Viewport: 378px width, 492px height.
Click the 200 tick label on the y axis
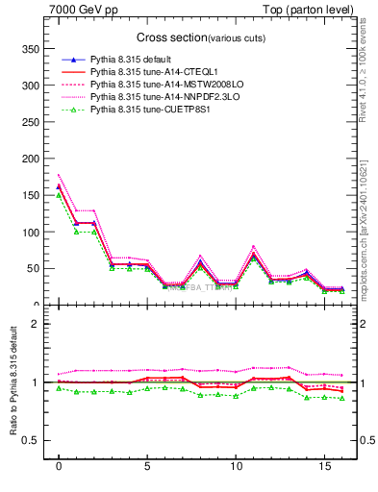tap(31, 159)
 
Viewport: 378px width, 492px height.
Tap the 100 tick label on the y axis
tap(31, 232)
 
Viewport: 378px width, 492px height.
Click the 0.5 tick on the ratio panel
tap(29, 440)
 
